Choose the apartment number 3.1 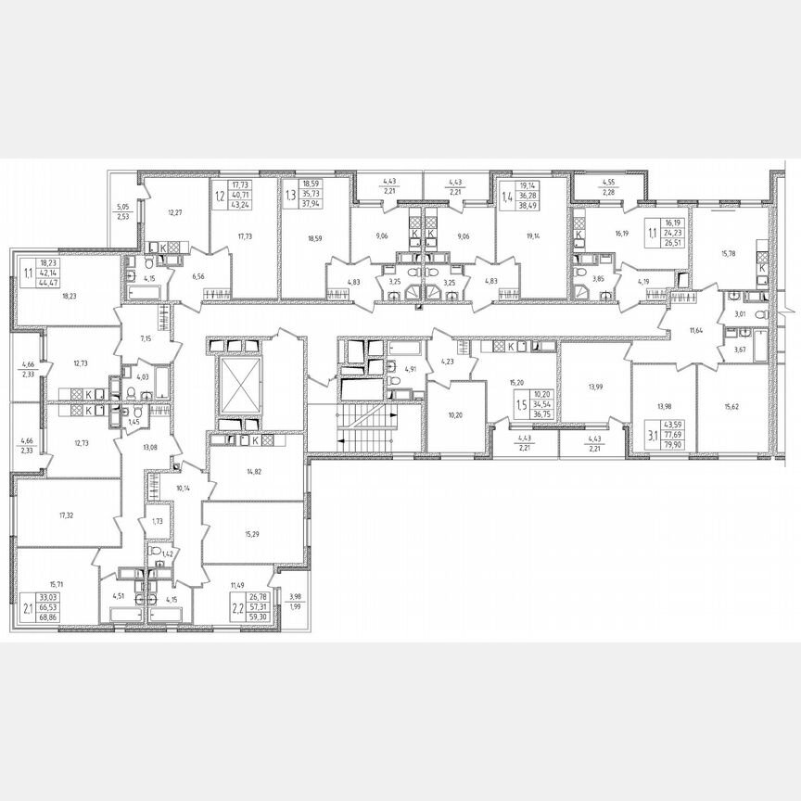(x=652, y=429)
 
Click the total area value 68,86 (x=45, y=616)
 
